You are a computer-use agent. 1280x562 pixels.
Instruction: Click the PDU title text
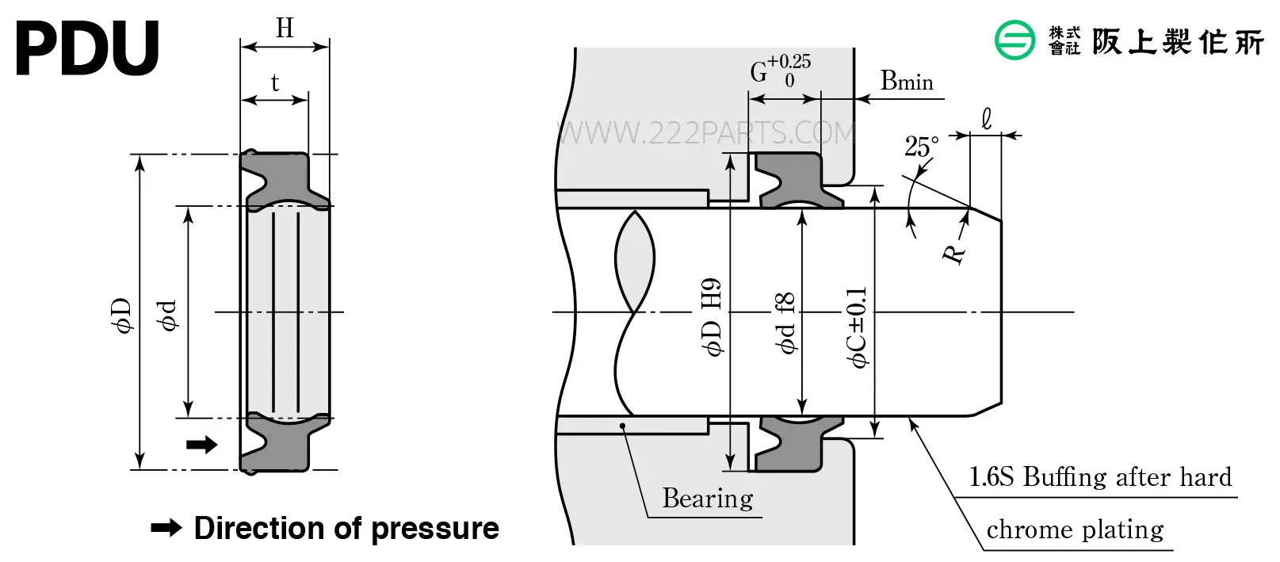(87, 48)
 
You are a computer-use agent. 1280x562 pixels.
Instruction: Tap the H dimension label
(285, 28)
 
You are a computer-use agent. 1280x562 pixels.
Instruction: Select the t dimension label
(275, 83)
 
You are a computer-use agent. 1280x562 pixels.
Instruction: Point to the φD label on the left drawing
(122, 315)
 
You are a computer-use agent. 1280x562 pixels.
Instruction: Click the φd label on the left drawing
(167, 315)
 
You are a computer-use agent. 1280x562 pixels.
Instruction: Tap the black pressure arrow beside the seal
(202, 444)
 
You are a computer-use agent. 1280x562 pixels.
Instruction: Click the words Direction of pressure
(346, 528)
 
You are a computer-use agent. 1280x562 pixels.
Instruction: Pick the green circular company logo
(1014, 40)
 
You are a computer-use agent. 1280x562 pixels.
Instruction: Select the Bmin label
(906, 81)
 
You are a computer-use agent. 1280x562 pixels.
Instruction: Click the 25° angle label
(921, 147)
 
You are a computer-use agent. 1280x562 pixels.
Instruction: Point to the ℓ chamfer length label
(986, 119)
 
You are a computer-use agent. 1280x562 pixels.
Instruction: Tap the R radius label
(953, 254)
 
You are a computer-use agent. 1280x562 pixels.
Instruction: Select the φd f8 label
(785, 323)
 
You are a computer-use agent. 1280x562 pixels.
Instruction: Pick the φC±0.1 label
(858, 327)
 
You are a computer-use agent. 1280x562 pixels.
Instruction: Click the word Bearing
(708, 499)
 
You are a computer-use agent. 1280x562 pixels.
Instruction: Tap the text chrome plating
(1075, 530)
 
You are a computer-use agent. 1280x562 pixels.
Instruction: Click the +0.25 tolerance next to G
(789, 61)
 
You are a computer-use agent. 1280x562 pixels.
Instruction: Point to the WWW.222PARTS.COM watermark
(705, 133)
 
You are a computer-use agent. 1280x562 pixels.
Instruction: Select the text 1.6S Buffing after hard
(1100, 477)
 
